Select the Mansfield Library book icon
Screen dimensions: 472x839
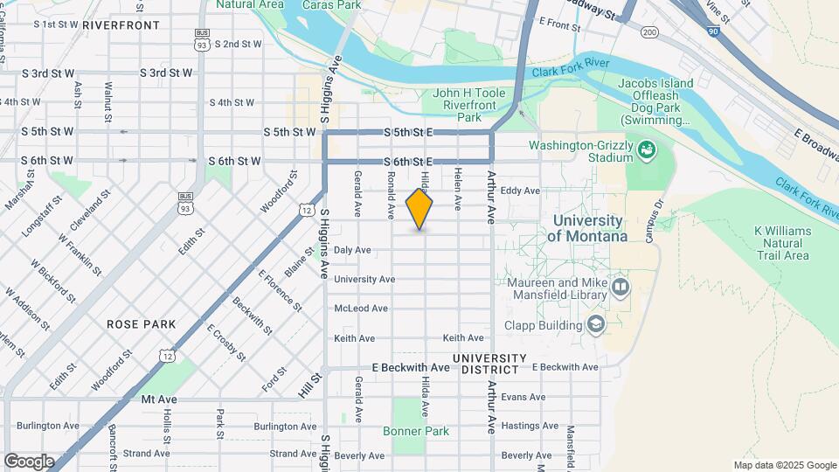(x=621, y=286)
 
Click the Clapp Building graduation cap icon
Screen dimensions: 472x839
(x=596, y=325)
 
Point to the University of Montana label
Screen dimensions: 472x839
(x=587, y=229)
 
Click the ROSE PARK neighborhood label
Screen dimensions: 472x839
(x=142, y=324)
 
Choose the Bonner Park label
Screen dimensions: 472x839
(x=416, y=431)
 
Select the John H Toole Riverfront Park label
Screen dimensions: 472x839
(x=470, y=105)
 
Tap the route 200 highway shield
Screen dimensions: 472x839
(x=648, y=32)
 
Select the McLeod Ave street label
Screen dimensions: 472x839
(x=361, y=309)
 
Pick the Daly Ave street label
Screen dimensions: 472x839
(x=352, y=250)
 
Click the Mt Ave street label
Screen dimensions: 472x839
(x=159, y=399)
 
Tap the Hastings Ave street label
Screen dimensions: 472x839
(x=530, y=426)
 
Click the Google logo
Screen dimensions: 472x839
(x=29, y=462)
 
